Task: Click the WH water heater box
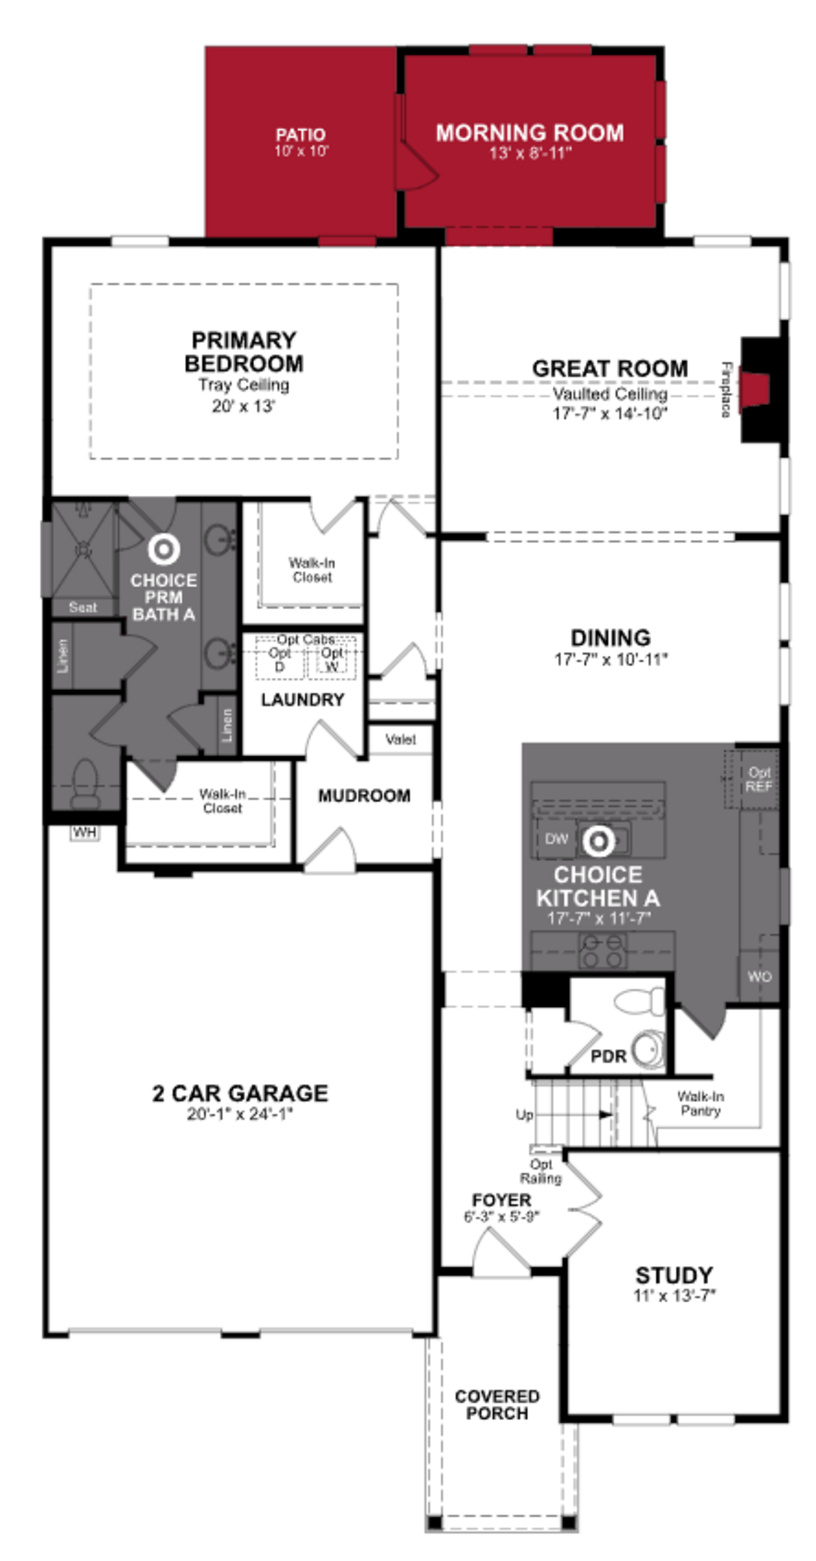(84, 833)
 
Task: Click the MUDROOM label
(364, 796)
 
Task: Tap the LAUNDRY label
(302, 700)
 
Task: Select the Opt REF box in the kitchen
(758, 779)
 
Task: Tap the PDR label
(608, 1056)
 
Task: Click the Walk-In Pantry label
(700, 1103)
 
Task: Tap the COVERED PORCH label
(497, 1405)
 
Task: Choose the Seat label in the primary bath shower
(82, 607)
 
